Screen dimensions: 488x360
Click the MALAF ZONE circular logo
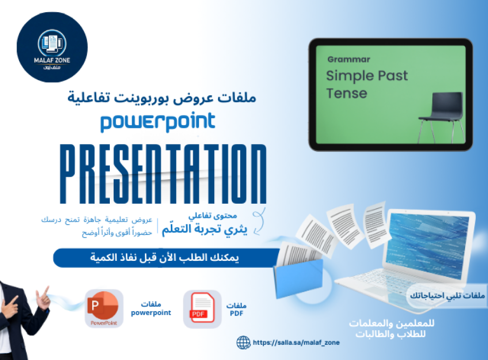tap(52, 47)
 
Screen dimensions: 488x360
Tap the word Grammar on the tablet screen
tap(348, 59)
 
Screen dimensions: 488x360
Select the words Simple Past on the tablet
tap(366, 76)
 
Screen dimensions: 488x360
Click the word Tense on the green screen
tap(346, 93)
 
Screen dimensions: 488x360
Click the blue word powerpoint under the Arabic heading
tap(158, 122)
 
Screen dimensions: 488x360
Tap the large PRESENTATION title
tap(163, 174)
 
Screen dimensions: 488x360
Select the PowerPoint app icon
tap(104, 308)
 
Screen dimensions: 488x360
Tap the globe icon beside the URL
tap(244, 342)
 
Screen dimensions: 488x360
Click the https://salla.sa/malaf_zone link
tap(296, 342)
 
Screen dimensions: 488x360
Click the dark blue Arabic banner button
tap(166, 257)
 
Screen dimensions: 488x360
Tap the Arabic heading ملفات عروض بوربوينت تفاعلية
tap(162, 98)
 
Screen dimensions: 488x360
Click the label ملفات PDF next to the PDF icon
tap(236, 309)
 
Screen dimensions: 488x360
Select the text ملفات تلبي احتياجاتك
tap(447, 295)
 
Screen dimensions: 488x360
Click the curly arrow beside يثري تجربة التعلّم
tap(259, 221)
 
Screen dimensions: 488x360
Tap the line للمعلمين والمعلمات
tap(391, 323)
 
